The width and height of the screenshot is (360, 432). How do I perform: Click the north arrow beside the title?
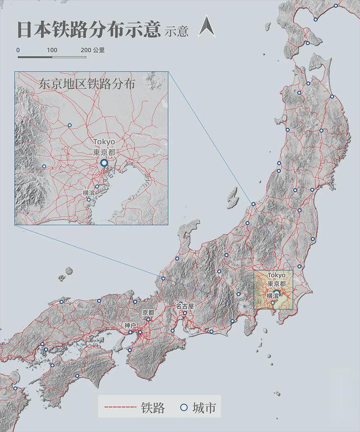pos(206,26)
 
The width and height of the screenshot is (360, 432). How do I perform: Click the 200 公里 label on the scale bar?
pos(93,50)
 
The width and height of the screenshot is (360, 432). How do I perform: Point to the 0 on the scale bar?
pos(19,50)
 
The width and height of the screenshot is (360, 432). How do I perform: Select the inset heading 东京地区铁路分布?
pos(87,85)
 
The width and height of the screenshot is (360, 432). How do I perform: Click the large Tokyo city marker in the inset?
pos(104,163)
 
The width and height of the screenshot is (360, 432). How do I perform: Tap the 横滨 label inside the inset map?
pos(89,193)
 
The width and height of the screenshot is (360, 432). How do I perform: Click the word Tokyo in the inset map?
pos(104,142)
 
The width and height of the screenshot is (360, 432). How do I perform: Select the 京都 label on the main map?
pos(148,313)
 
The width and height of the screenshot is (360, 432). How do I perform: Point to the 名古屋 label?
pos(184,307)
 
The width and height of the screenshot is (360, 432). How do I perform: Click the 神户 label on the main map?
pos(130,326)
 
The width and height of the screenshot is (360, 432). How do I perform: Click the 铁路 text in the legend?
pos(153,407)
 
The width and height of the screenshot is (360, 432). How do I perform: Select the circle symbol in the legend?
pos(184,407)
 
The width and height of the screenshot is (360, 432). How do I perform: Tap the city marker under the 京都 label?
pos(148,320)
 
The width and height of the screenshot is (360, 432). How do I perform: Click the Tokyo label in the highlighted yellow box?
pos(277,275)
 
